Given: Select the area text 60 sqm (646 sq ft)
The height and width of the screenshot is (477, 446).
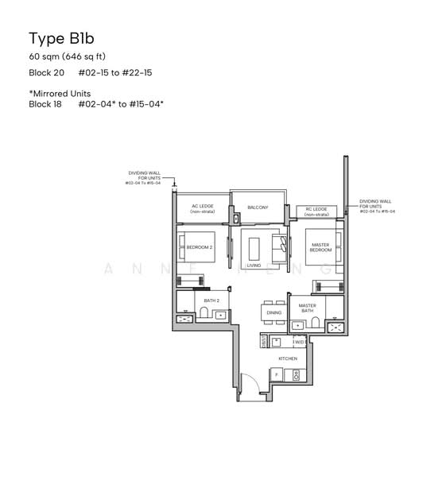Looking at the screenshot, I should (x=68, y=56).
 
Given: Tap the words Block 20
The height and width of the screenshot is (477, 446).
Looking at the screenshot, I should (x=45, y=72).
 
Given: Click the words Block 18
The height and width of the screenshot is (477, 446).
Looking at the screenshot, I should (x=45, y=104).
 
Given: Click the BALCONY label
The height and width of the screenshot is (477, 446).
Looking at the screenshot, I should (x=258, y=207).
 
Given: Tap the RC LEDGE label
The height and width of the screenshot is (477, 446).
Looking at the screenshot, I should (x=317, y=211).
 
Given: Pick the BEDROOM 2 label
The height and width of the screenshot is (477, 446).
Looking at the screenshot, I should (x=200, y=247).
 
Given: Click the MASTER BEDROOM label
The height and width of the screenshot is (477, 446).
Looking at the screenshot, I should (x=320, y=247).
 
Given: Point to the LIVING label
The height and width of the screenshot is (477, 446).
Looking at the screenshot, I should (x=254, y=266).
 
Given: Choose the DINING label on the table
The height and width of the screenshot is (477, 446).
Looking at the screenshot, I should (x=273, y=313).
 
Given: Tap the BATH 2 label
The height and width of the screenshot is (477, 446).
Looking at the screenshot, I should (x=211, y=301).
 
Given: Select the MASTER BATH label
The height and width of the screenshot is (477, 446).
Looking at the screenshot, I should (x=308, y=308).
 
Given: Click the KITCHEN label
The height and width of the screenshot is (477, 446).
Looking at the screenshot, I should (x=287, y=359).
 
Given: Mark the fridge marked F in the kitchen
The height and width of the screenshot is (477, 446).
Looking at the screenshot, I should (x=275, y=374).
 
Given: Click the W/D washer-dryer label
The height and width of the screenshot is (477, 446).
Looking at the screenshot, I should (x=298, y=342).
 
